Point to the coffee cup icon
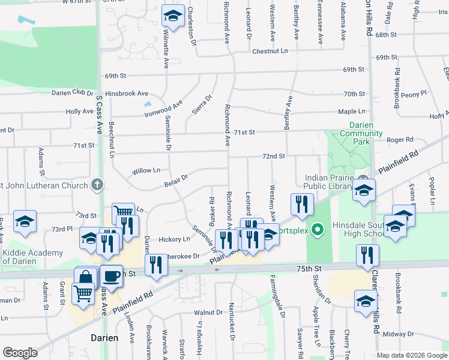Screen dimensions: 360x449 (x=111, y=276)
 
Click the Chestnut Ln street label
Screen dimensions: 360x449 (x=270, y=52)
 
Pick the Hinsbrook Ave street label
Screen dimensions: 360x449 (x=126, y=94)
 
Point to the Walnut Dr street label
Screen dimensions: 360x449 (x=208, y=313)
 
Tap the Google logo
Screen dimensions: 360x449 (x=20, y=353)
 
